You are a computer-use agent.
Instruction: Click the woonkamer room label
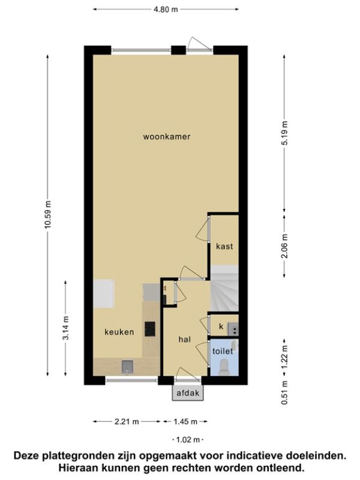coord(167,137)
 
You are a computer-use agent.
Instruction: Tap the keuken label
coord(119,332)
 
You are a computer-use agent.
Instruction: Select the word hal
coord(185,339)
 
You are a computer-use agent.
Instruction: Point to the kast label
coord(224,246)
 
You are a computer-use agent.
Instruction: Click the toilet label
coord(223,351)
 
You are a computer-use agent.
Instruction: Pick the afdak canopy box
coord(188,393)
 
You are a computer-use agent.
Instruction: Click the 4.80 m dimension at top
coord(166,10)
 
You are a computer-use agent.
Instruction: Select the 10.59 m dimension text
coord(47,215)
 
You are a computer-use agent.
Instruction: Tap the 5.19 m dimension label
coord(284,133)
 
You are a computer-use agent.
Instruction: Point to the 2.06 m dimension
coord(284,246)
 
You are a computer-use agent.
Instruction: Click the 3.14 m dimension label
coord(65,328)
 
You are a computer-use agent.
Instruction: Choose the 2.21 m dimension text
coord(127,422)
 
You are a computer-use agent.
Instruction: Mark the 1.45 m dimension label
coord(185,422)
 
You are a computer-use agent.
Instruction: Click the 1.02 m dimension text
coord(188,440)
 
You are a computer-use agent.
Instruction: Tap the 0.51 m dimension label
coord(284,392)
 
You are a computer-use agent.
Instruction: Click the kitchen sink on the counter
coord(127,367)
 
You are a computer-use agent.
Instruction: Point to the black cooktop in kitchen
coord(150,329)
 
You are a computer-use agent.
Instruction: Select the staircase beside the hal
coord(224,289)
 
